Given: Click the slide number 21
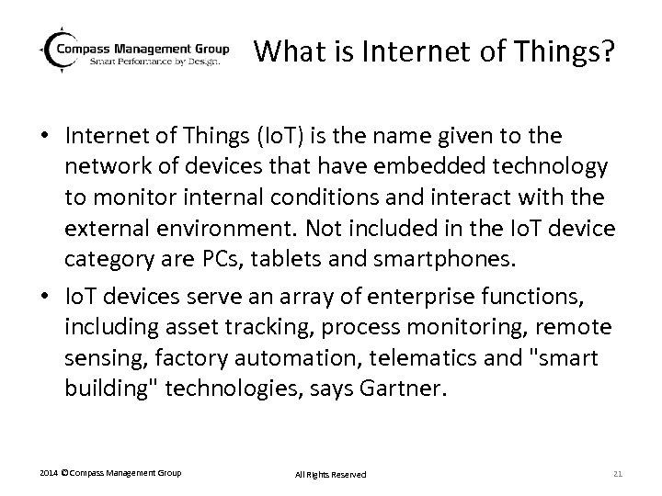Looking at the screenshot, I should point(617,473).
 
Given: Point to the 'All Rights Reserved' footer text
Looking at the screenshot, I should point(330,474).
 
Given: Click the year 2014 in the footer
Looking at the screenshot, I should point(49,473).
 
